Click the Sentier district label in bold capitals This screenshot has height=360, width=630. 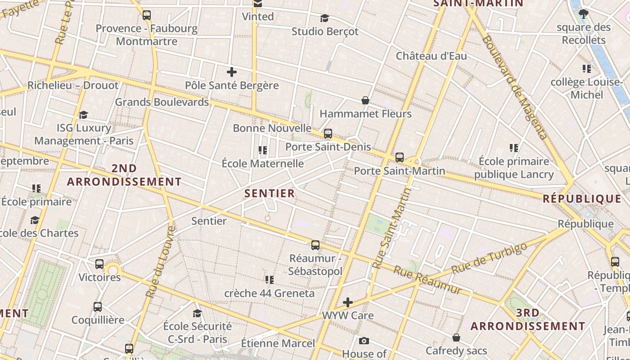click(270, 193)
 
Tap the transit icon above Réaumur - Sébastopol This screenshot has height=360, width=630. click(315, 245)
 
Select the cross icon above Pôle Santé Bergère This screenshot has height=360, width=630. click(232, 72)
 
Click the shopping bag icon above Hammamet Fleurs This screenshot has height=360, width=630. click(365, 100)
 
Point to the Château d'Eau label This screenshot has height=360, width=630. click(431, 56)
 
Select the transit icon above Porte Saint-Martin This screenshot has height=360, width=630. click(400, 157)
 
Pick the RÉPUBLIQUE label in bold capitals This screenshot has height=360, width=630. click(582, 198)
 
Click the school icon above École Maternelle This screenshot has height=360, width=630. click(263, 150)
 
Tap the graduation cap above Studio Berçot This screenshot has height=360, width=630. click(324, 18)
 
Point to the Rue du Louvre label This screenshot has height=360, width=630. click(160, 261)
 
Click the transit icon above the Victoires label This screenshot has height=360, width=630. click(99, 264)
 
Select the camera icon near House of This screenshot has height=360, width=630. click(364, 341)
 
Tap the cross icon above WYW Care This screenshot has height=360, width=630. click(348, 302)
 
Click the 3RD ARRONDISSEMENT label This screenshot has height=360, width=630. click(528, 319)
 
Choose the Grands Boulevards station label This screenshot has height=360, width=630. click(162, 102)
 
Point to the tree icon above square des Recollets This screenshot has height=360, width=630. click(584, 14)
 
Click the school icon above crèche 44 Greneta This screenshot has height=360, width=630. click(270, 280)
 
